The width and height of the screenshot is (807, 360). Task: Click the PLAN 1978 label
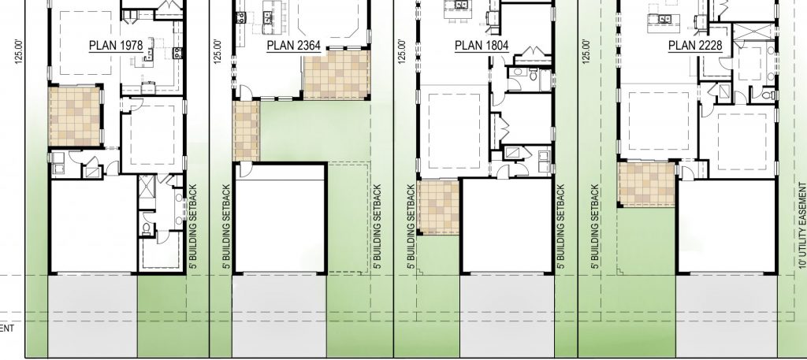[x=115, y=46]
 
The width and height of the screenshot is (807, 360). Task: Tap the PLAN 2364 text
[x=293, y=46]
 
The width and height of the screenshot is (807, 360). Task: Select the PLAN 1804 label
[x=480, y=46]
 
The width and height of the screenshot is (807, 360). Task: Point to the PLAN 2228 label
[x=690, y=46]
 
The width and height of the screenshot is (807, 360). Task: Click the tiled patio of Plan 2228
[x=646, y=184]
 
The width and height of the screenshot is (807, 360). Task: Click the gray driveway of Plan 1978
[x=94, y=315]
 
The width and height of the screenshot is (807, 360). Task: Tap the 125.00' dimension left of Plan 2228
[x=584, y=52]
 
